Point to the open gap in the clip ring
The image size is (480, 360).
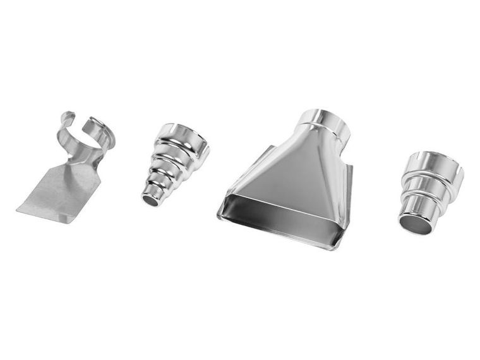[80, 118]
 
